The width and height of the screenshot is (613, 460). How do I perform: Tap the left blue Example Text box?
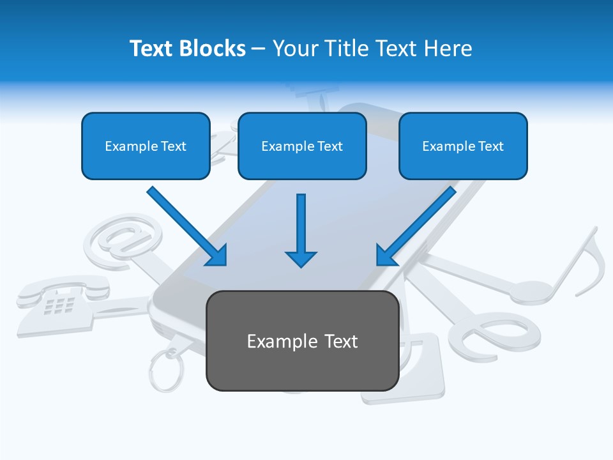point(146,146)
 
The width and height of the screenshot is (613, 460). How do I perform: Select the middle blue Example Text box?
point(302,146)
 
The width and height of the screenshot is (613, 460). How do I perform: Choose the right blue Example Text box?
point(463,146)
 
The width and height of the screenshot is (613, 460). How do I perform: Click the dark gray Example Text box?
point(302,341)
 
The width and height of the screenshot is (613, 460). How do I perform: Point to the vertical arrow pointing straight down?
point(301,230)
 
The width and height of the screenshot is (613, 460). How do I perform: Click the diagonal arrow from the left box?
point(187,226)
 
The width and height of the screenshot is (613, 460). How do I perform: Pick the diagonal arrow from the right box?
point(416,226)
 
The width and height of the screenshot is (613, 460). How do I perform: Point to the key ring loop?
point(167,371)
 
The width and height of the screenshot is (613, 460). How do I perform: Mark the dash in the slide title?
point(259,49)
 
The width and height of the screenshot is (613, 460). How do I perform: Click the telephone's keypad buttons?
point(60,305)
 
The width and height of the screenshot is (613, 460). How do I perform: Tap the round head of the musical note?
point(530,291)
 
